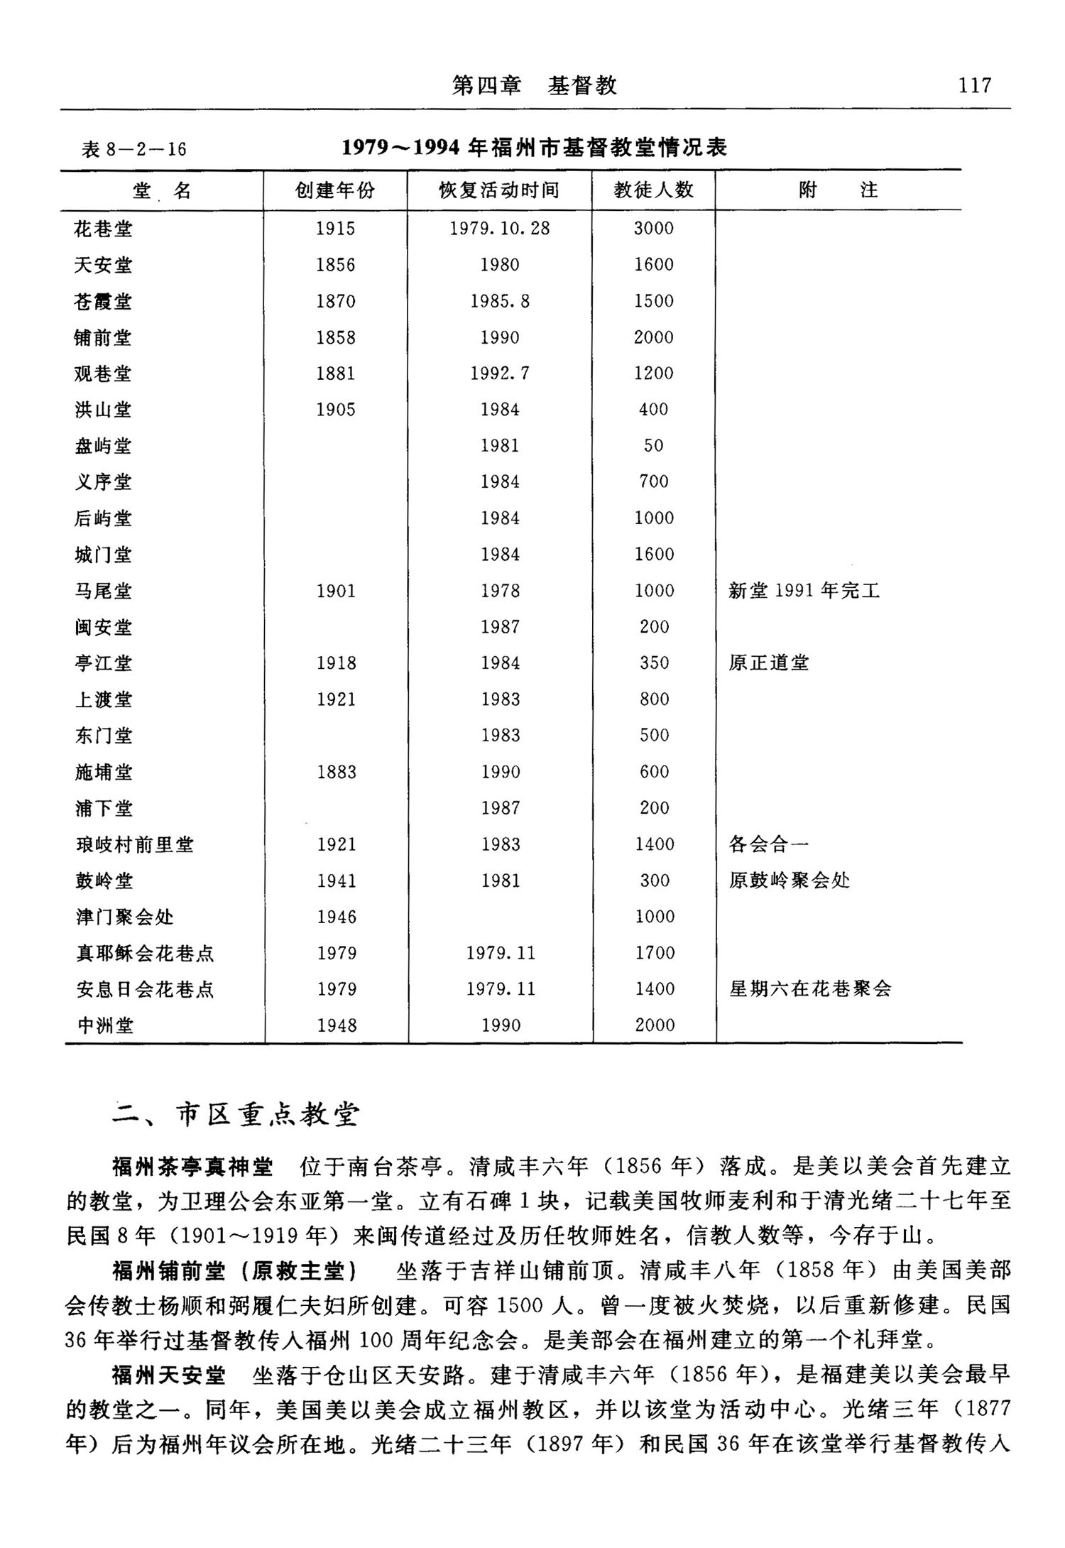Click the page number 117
pyautogui.click(x=974, y=86)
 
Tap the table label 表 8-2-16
pyautogui.click(x=133, y=149)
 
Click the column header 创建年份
pyautogui.click(x=335, y=190)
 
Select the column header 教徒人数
pyautogui.click(x=653, y=190)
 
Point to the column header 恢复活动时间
pyautogui.click(x=499, y=190)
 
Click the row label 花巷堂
pyautogui.click(x=103, y=229)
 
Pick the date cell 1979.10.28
pyautogui.click(x=499, y=229)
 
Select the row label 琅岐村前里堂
pyautogui.click(x=135, y=844)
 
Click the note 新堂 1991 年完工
pyautogui.click(x=804, y=591)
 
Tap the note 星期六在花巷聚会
pyautogui.click(x=810, y=988)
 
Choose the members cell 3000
pyautogui.click(x=653, y=229)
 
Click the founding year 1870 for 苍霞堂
pyautogui.click(x=335, y=301)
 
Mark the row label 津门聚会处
pyautogui.click(x=125, y=917)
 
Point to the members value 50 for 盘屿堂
pyautogui.click(x=653, y=446)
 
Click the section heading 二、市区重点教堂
pyautogui.click(x=236, y=1115)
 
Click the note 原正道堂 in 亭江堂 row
pyautogui.click(x=769, y=663)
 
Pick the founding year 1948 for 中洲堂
pyautogui.click(x=337, y=1025)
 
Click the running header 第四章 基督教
pyautogui.click(x=534, y=86)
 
